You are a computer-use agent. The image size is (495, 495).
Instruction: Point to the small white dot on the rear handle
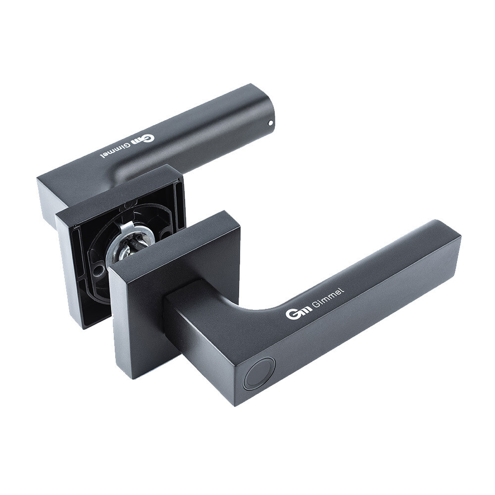pyautogui.click(x=270, y=123)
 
